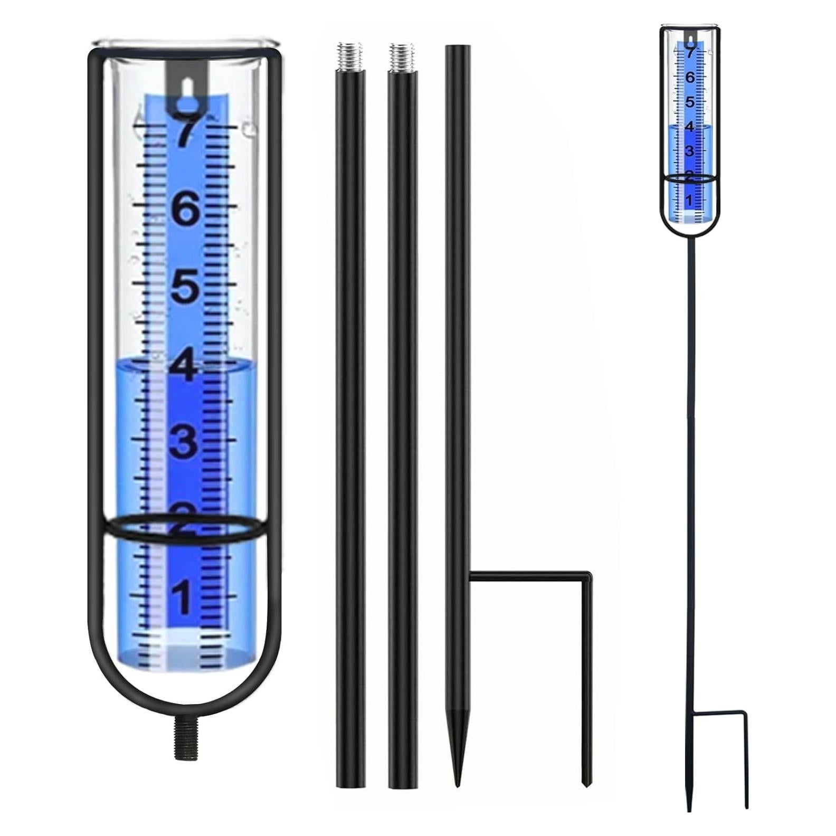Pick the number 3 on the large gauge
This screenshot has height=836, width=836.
(183, 442)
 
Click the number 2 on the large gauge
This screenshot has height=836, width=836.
(183, 520)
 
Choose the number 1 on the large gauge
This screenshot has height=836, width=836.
(182, 597)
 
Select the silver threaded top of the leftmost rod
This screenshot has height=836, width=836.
(349, 56)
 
